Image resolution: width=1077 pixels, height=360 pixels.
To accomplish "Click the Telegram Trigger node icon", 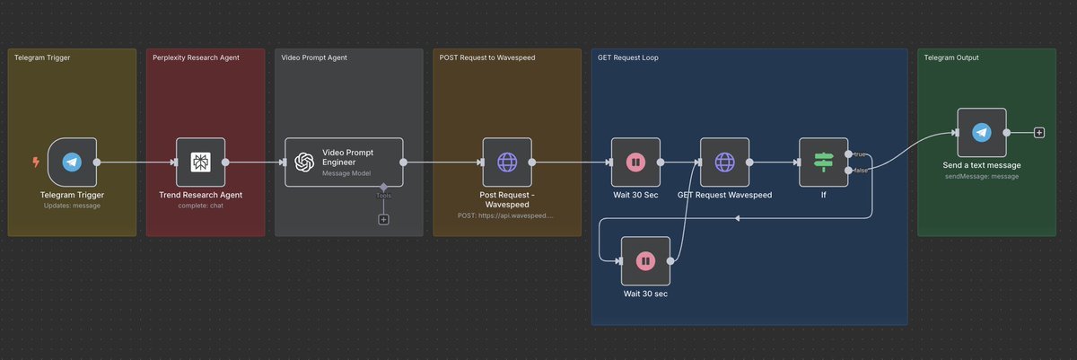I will pos(72,162).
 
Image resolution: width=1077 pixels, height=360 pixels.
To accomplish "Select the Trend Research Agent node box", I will pos(200,162).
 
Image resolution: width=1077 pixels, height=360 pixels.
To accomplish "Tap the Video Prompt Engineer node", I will pos(344,162).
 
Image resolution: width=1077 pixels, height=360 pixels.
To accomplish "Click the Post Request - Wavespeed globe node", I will pos(507,162).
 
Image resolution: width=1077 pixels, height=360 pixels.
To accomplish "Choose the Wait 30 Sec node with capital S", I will pos(635,162).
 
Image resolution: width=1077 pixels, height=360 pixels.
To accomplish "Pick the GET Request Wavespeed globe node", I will pos(724,162).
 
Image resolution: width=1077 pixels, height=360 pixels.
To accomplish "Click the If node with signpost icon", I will pos(823,162).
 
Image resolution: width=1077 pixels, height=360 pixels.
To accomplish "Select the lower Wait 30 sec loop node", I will pos(645,261).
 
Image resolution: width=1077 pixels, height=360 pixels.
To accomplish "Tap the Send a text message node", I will pos(982,133).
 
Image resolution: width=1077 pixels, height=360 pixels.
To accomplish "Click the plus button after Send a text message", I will pos(1039,133).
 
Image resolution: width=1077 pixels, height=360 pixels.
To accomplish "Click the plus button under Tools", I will pos(383,219).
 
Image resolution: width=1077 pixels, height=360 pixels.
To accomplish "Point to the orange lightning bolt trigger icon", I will pos(36,162).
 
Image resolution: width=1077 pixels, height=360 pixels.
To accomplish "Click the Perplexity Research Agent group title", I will pos(191,57).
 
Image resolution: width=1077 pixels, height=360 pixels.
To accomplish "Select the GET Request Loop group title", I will pos(629,57).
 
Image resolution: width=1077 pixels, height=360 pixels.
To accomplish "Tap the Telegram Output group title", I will pos(951,57).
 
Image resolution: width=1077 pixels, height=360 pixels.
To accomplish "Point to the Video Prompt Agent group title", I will pos(314,57).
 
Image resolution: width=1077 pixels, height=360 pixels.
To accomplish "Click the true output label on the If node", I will pos(859,155).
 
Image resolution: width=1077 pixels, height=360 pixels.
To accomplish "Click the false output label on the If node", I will pos(860,170).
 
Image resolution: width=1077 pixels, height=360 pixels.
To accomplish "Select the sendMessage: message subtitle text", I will pos(982,177).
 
